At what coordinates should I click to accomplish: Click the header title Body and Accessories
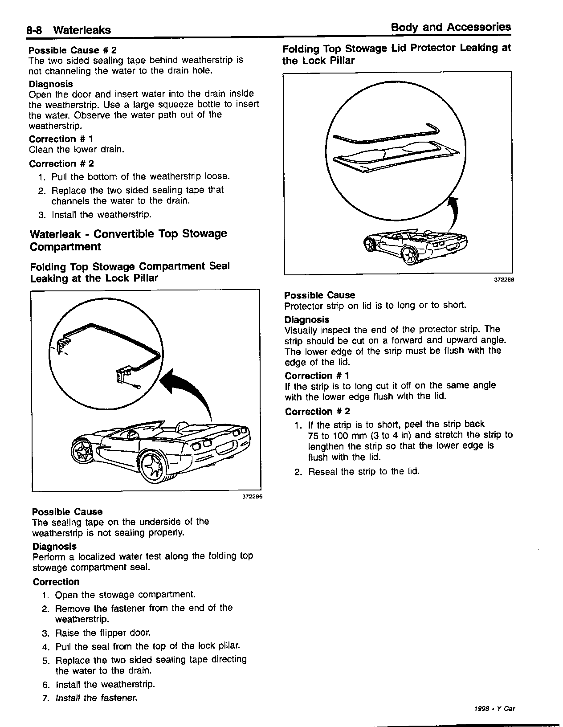(451, 27)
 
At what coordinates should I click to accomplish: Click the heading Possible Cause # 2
(73, 50)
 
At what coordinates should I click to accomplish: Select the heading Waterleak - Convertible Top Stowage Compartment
(128, 240)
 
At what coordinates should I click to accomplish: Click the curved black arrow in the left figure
(187, 388)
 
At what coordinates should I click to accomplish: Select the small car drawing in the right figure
(416, 246)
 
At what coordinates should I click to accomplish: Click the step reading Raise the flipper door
(103, 633)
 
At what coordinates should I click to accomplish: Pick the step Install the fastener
(96, 698)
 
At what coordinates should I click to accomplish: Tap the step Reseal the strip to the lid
(363, 471)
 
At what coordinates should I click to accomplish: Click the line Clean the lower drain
(76, 149)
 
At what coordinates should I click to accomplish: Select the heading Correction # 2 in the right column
(318, 411)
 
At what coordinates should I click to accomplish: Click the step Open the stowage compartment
(125, 595)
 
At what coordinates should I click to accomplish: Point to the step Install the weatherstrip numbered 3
(102, 215)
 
